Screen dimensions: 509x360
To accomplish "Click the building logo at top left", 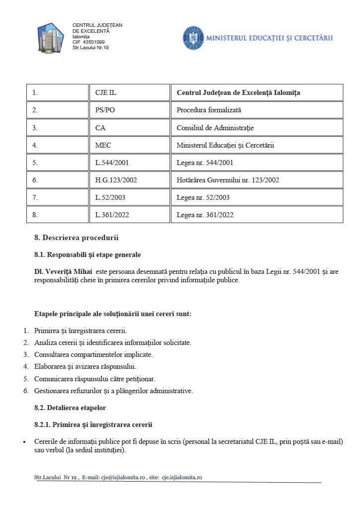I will pyautogui.click(x=51, y=37).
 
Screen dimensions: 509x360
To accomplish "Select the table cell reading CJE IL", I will pyautogui.click(x=105, y=92).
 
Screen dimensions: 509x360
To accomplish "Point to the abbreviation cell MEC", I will pyautogui.click(x=103, y=145).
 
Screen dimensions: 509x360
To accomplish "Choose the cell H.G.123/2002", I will pyautogui.click(x=116, y=180).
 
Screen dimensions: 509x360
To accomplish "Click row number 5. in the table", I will pyautogui.click(x=35, y=163).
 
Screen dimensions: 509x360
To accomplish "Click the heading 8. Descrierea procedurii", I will pyautogui.click(x=76, y=237).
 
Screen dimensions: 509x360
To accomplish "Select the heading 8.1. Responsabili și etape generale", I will pyautogui.click(x=88, y=254).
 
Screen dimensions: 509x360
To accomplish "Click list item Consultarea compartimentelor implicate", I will pyautogui.click(x=93, y=354).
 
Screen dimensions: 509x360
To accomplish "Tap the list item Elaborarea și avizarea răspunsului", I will pyautogui.click(x=85, y=366).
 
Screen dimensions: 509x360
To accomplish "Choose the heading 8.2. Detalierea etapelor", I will pyautogui.click(x=70, y=408).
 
